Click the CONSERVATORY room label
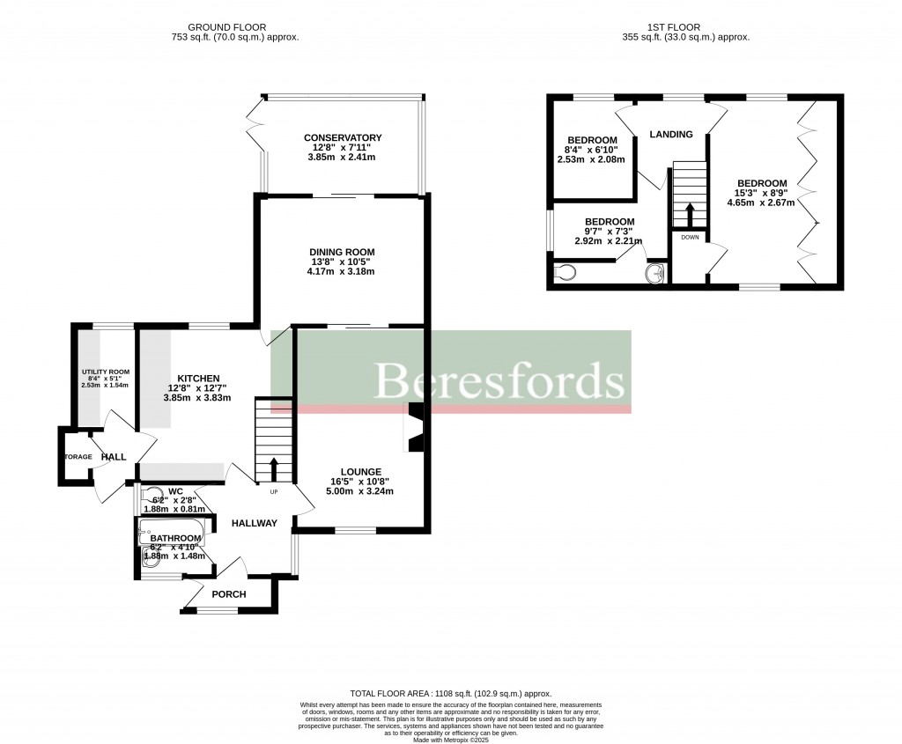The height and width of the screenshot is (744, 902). point(343,138)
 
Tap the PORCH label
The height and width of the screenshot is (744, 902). point(228,594)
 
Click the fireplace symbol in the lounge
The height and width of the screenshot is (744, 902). point(415,428)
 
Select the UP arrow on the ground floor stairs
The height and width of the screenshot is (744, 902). point(273,468)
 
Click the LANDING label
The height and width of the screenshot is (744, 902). point(671,135)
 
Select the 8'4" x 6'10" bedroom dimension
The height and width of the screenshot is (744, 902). point(591,150)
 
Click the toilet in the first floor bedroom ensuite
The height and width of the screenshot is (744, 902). point(566,273)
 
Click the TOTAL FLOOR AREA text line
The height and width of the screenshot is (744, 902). point(450,694)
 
